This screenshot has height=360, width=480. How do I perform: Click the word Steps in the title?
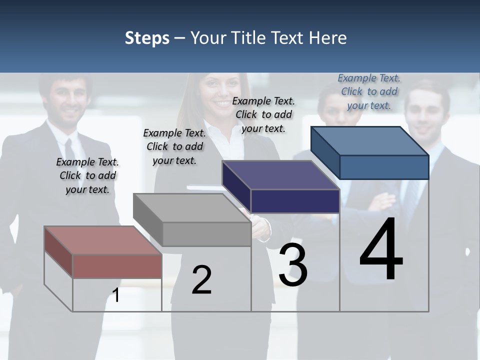[x=147, y=38]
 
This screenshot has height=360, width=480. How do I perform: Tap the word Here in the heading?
[x=327, y=38]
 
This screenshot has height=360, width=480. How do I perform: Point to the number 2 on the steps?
[x=202, y=280]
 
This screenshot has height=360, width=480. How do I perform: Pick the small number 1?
[x=116, y=295]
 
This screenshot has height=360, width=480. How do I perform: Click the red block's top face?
[x=102, y=240]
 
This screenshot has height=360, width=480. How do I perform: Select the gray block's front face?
[x=206, y=234]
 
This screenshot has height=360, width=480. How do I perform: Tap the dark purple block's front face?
[x=295, y=201]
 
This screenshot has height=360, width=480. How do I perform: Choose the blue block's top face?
[x=370, y=141]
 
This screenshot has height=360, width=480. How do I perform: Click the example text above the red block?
[x=87, y=176]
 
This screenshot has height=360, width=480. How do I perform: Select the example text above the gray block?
[x=174, y=146]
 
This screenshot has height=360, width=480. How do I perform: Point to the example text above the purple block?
[x=263, y=114]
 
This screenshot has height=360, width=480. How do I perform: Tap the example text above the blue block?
[x=369, y=91]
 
